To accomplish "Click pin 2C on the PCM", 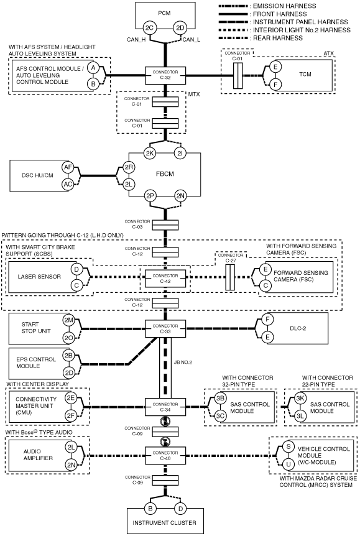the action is [149, 28].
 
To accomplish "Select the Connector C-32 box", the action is [165, 75].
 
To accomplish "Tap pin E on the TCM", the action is [275, 67].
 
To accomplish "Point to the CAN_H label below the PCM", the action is [136, 40].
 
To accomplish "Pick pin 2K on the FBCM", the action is [150, 154].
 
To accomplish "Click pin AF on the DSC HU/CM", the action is [68, 167].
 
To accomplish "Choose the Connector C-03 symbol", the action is [165, 225].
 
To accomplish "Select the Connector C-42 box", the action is [165, 279].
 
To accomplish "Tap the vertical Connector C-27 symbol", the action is [230, 277].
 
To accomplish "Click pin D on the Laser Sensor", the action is [76, 269].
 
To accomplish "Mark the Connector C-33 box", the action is [165, 329].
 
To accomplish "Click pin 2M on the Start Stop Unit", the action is [69, 320].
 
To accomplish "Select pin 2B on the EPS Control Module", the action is [69, 356].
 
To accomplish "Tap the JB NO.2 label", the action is [183, 362].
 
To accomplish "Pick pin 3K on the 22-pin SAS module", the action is [300, 398].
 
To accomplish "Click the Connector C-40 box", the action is [165, 456].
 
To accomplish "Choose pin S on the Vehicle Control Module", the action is [288, 447].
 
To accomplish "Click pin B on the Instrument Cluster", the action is [150, 508].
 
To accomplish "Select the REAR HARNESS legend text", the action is [277, 38].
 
